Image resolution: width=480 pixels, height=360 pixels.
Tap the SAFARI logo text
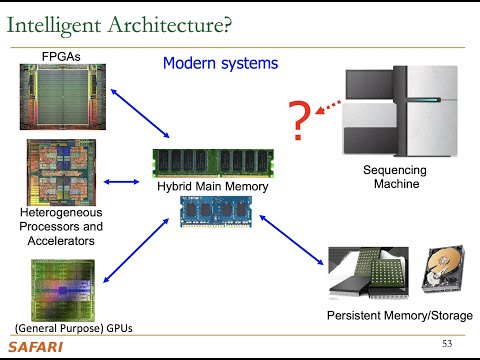click(x=35, y=346)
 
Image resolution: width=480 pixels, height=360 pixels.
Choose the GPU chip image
click(x=56, y=291)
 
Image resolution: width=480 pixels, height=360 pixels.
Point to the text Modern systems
click(x=220, y=64)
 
